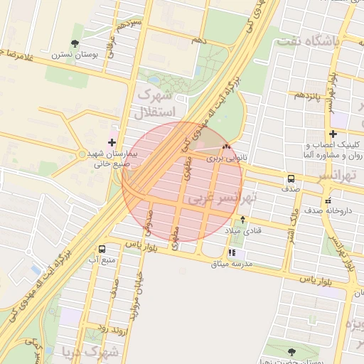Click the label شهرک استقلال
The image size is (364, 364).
pos(153,103)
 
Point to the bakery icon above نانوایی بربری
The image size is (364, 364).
pos(226,148)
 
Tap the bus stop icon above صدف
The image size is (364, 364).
pos(291,178)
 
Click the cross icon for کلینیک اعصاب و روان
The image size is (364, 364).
pos(333,134)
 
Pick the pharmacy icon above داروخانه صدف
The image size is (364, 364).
pos(327,199)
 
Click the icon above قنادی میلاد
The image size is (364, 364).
pos(244,220)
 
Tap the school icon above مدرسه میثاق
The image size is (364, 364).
pos(232,252)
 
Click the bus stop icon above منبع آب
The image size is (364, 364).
pos(102,250)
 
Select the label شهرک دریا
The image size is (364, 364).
pos(85,351)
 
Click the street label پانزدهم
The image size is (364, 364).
pos(309,95)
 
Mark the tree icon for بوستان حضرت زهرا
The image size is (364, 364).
pos(291,352)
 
